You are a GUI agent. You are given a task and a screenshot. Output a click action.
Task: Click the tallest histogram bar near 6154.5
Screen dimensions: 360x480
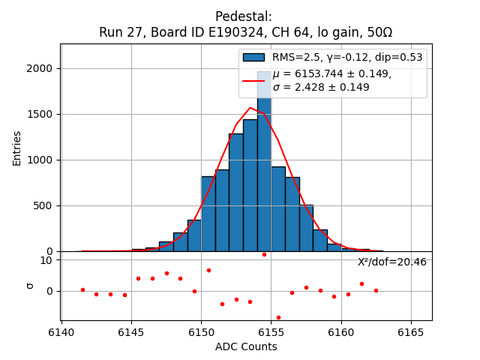pyautogui.click(x=264, y=172)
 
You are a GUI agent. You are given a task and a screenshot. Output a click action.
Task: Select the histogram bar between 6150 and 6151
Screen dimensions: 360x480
pyautogui.click(x=208, y=214)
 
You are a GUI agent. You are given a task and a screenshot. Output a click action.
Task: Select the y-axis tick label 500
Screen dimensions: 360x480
pyautogui.click(x=44, y=205)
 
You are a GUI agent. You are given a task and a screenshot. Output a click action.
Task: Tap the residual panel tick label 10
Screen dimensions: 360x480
pyautogui.click(x=46, y=260)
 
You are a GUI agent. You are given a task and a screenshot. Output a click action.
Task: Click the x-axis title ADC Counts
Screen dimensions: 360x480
pyautogui.click(x=246, y=346)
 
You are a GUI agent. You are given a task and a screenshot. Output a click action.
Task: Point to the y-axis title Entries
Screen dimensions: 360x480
pyautogui.click(x=17, y=148)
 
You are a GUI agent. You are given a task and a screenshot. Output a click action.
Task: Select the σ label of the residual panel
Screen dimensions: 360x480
pyautogui.click(x=30, y=285)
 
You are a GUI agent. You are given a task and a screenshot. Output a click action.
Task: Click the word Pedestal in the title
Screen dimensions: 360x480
pyautogui.click(x=243, y=16)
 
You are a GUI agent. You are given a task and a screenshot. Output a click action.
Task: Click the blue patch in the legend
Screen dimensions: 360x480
pyautogui.click(x=253, y=57)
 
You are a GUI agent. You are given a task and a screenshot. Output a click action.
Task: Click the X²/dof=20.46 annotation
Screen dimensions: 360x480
pyautogui.click(x=391, y=262)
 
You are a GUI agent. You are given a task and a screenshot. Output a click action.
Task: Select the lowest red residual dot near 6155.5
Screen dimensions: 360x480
pyautogui.click(x=278, y=317)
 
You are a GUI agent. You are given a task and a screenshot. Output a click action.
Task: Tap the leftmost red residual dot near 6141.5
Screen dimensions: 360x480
pyautogui.click(x=82, y=289)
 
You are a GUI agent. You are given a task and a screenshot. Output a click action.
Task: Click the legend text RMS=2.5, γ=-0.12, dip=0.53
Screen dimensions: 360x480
pyautogui.click(x=346, y=57)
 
